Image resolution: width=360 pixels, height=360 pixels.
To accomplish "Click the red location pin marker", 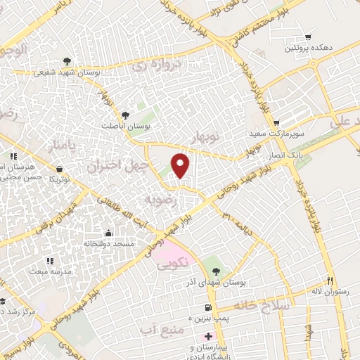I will coord(181,165).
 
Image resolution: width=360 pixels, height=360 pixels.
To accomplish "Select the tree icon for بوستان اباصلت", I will coord(126,114).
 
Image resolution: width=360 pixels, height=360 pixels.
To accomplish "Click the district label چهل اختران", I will coord(118,167).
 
